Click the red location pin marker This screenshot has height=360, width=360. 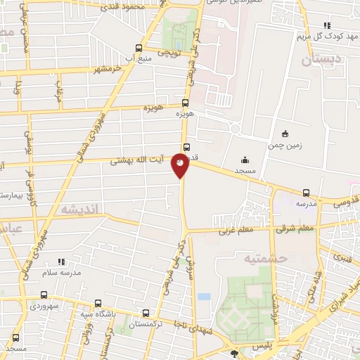181,167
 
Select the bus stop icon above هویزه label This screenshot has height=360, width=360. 186,102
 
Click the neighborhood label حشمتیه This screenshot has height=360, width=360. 266,259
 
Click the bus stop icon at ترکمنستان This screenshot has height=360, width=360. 146,314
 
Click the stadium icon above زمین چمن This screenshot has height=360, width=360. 284,134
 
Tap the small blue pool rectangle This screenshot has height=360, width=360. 204,296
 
